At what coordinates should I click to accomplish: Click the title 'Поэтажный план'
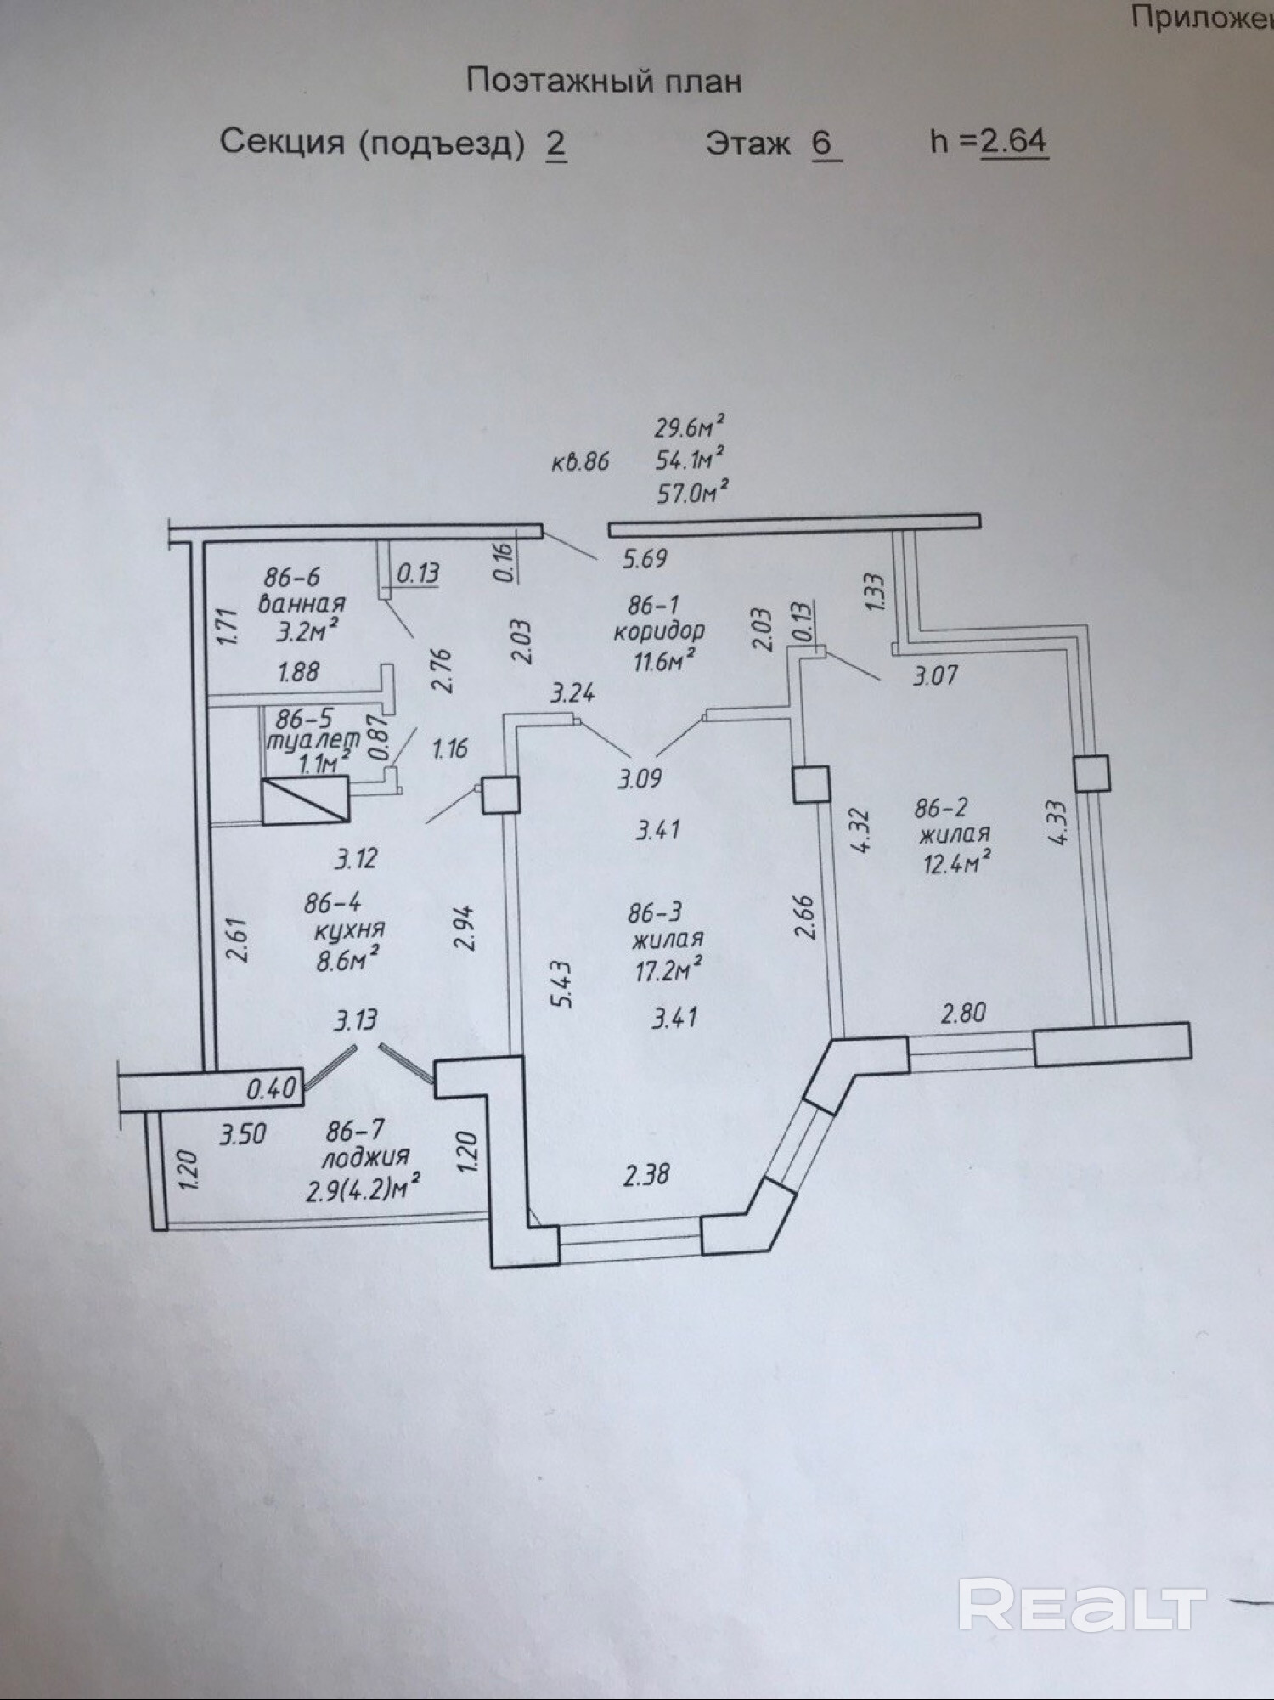604,82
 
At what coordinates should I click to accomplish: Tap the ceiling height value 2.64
1013,141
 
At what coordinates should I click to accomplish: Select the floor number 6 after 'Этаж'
821,143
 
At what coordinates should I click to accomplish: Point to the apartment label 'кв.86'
580,461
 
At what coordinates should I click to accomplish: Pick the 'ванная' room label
302,604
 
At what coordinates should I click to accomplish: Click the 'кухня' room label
349,930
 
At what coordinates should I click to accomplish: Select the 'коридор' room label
659,631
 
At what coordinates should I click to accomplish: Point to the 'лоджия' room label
364,1157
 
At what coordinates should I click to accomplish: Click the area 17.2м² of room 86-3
668,969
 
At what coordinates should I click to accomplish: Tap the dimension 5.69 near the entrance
645,559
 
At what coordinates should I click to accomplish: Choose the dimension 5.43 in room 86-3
562,985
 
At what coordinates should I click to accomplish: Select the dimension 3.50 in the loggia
243,1134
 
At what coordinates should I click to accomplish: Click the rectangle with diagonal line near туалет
306,799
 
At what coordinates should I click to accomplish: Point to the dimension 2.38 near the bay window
646,1175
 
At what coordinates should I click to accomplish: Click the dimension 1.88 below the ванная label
299,672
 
